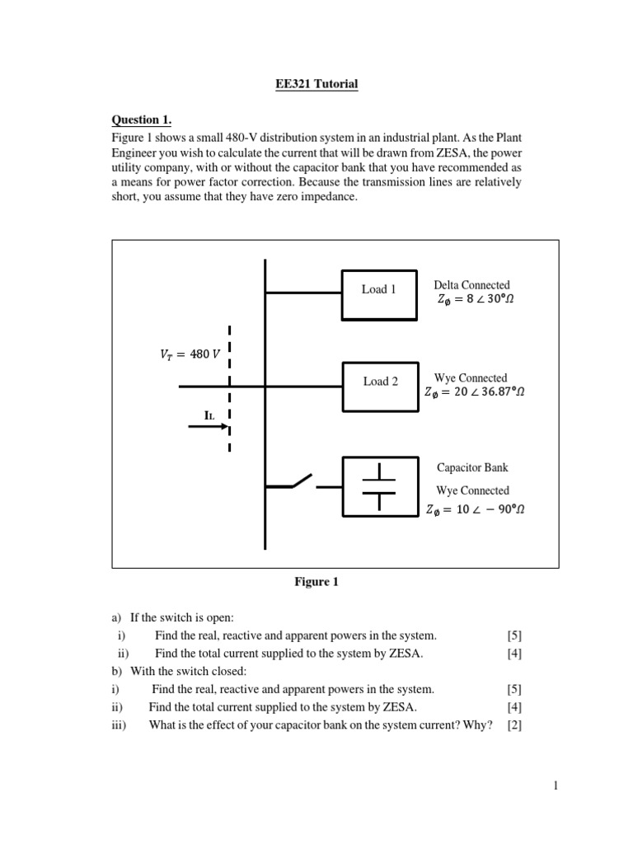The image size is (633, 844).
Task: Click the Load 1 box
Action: (x=379, y=290)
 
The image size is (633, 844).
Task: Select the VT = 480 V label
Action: (x=190, y=354)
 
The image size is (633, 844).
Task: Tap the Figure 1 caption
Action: (x=316, y=582)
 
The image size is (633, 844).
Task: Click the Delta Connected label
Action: (x=471, y=285)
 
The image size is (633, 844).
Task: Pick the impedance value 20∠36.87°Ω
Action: (x=474, y=392)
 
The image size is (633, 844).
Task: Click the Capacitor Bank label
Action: (x=472, y=467)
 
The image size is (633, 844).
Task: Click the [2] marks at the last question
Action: (x=514, y=725)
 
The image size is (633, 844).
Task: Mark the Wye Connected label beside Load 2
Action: (x=471, y=377)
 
